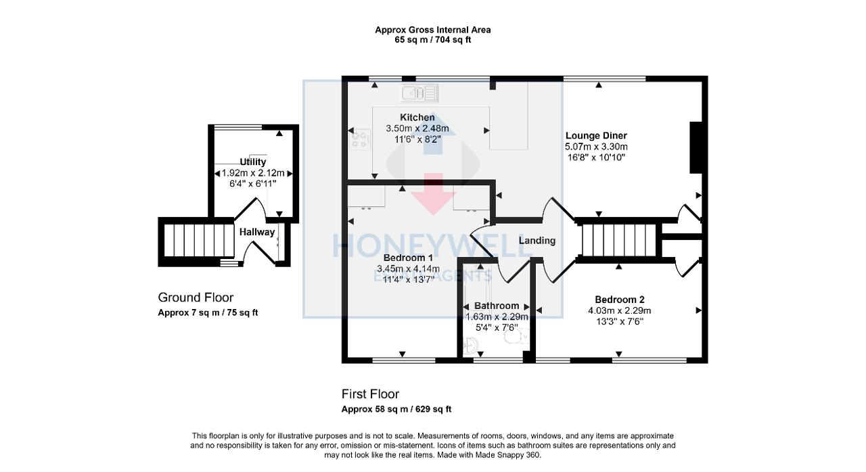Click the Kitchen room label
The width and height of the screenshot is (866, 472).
click(x=417, y=118)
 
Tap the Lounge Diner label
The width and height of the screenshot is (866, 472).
click(x=596, y=135)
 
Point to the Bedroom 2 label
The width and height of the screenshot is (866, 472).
click(x=619, y=300)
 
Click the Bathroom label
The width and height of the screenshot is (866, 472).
click(x=497, y=306)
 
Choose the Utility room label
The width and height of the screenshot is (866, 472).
click(x=253, y=162)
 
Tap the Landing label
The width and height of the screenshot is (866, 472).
click(x=537, y=241)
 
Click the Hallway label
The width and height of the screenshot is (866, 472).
click(x=257, y=232)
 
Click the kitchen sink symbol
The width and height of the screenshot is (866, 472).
click(x=420, y=93)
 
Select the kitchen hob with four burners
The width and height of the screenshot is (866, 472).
click(x=359, y=140)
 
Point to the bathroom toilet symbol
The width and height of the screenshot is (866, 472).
click(x=516, y=336)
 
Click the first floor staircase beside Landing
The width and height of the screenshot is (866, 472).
click(x=619, y=241)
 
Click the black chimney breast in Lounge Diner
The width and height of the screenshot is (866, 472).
click(x=696, y=147)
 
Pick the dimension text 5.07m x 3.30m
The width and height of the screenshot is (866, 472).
click(x=596, y=147)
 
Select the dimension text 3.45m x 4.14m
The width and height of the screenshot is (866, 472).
click(x=408, y=268)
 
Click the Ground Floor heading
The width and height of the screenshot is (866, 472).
click(x=196, y=298)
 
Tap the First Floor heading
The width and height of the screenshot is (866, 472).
click(x=370, y=394)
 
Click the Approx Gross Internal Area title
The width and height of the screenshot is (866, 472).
click(x=432, y=30)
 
